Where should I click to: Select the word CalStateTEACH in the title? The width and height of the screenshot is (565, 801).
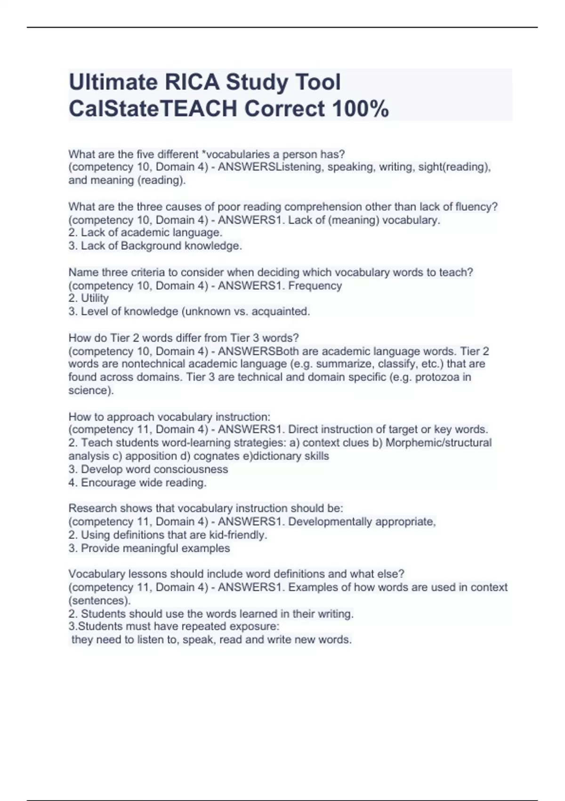153,109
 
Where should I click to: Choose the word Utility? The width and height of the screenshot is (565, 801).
95,298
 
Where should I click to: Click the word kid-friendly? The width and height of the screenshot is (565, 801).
238,535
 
